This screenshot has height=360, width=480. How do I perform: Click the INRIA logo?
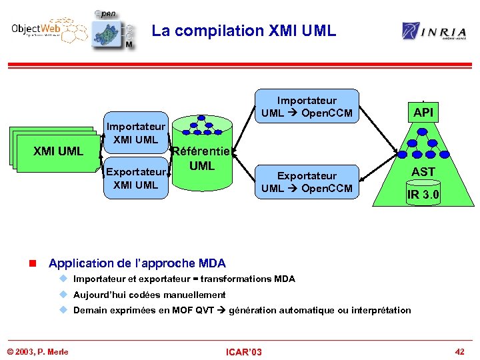[x=433, y=31]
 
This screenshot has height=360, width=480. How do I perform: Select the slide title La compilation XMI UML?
[x=243, y=31]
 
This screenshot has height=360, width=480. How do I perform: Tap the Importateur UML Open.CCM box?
[x=307, y=107]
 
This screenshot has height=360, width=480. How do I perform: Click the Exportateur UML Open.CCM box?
[x=307, y=182]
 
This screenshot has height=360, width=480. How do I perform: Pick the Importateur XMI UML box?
[x=136, y=133]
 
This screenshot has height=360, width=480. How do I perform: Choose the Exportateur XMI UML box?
[x=136, y=178]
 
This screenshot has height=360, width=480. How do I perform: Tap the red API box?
[x=423, y=113]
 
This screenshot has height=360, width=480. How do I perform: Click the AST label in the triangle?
[x=423, y=172]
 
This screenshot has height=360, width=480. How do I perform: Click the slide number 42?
[x=459, y=351]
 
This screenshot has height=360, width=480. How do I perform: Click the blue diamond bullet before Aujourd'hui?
[x=64, y=294]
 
